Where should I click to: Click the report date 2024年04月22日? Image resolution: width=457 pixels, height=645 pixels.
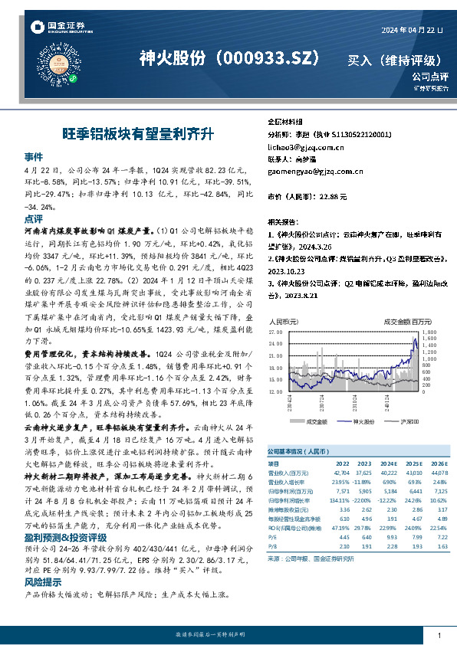click(410, 29)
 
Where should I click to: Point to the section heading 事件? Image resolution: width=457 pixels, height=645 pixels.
click(33, 154)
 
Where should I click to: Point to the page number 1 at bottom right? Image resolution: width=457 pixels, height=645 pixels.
click(439, 636)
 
